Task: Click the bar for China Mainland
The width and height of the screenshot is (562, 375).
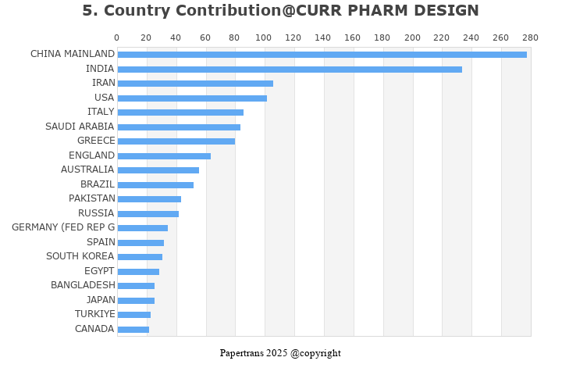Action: pos(322,55)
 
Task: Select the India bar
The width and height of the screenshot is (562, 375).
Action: pos(290,70)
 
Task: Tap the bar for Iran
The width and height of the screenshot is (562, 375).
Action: pos(195,84)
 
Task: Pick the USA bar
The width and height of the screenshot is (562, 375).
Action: pos(192,98)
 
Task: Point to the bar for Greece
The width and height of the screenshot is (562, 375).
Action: pos(176,141)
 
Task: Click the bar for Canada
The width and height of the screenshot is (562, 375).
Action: pos(133,330)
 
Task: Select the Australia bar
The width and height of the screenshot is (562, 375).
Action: pos(158,170)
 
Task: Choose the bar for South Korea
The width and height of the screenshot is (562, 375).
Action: pos(140,257)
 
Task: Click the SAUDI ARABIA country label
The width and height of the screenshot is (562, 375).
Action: pos(80,127)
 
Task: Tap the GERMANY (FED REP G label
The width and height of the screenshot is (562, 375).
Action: pos(63,227)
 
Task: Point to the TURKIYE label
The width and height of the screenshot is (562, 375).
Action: pos(94,314)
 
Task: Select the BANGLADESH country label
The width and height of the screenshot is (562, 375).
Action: pos(83,285)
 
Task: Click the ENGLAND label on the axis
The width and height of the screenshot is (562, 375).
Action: pos(91,155)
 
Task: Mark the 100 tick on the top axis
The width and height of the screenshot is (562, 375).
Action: pos(265,37)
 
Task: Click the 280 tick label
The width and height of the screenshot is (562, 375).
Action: pos(530,37)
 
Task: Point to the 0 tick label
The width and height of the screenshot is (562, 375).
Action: pos(117,37)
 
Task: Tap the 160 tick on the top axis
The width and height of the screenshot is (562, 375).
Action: pos(353,37)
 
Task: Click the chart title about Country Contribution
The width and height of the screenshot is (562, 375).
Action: pos(280,11)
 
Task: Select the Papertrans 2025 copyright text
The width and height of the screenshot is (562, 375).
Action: pos(280,353)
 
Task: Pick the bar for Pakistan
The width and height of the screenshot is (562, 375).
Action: pos(149,199)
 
